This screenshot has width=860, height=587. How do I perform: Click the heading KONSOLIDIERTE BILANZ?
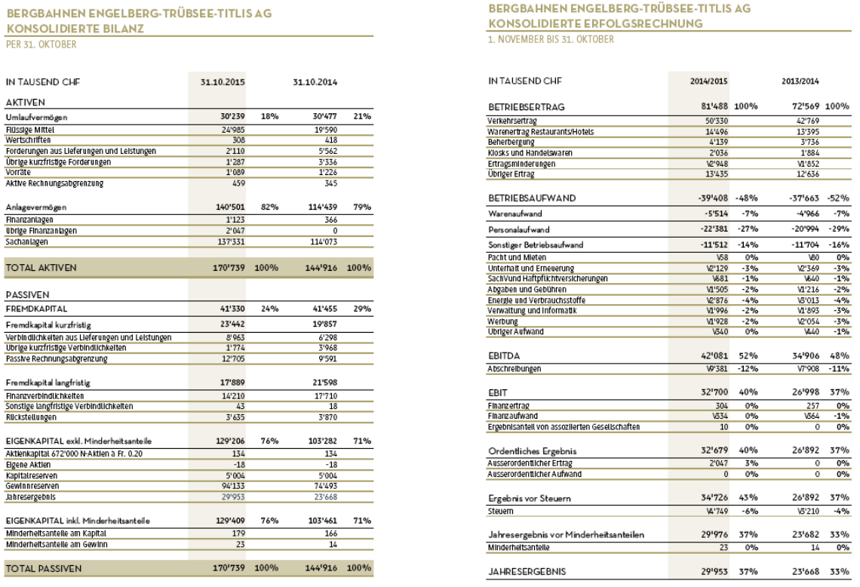point(75,29)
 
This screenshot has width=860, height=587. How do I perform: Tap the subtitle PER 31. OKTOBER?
point(41,45)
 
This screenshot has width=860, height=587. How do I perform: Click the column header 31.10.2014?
point(315,82)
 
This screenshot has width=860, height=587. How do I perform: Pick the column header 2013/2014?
point(800,81)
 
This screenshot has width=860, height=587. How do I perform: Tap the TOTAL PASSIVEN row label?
point(43,567)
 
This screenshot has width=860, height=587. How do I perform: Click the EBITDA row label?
point(505,354)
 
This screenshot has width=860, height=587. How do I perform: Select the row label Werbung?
point(504,321)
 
